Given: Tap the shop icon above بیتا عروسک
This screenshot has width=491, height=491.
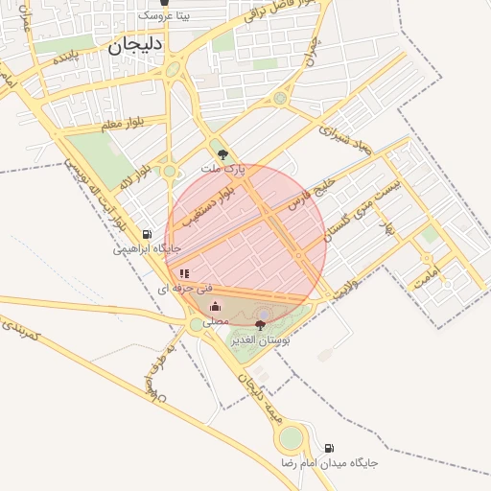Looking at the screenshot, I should coord(165,3).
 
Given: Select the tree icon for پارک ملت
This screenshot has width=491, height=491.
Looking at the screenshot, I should coord(223,154).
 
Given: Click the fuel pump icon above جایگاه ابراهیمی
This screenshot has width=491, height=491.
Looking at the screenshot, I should coord(147,234).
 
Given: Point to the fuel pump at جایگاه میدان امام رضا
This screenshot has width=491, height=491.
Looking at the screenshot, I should coord(329,448).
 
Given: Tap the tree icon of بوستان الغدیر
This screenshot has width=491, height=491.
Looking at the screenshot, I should coord(260,326).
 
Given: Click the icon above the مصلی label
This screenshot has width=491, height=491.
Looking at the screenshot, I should coord(215,307).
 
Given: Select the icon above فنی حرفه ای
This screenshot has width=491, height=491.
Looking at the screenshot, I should coord(184,273).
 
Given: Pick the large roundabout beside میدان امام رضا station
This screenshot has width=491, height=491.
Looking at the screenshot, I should coord(290,439).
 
